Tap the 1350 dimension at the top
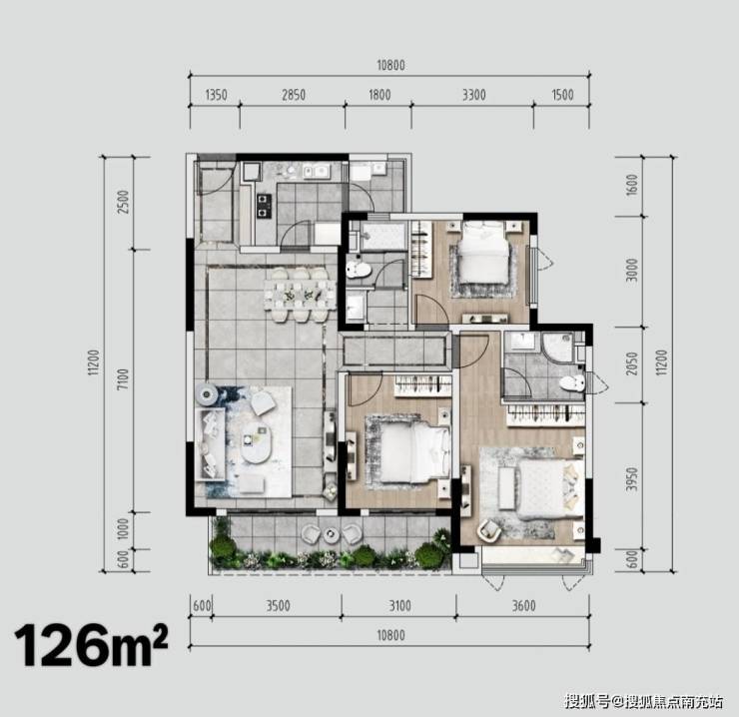[x=217, y=95]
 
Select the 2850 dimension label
[x=294, y=95]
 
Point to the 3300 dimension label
[x=473, y=95]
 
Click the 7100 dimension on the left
[x=122, y=379]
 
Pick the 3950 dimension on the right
[x=632, y=479]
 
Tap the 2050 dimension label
[x=632, y=363]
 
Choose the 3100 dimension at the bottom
[x=399, y=605]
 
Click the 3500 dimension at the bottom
[x=278, y=605]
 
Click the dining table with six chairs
[x=300, y=296]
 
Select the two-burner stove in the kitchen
[x=264, y=207]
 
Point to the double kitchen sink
[x=317, y=172]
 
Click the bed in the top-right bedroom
[x=484, y=253]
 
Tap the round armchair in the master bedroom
[x=489, y=529]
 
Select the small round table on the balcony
[x=331, y=534]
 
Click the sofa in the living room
[x=210, y=443]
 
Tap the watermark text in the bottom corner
[x=643, y=701]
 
